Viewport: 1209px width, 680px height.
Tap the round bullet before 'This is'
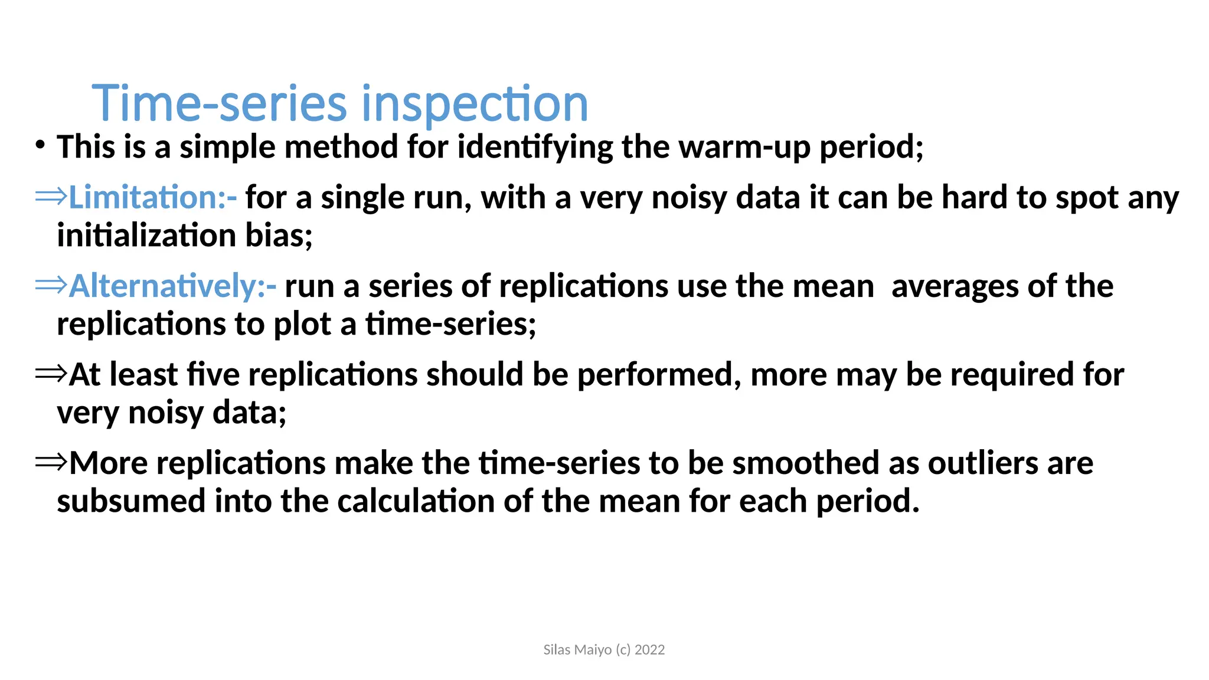[x=40, y=145]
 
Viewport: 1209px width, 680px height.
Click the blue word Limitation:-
[x=153, y=197]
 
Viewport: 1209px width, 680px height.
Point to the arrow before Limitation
[x=51, y=197]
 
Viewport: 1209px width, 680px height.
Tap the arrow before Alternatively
[x=51, y=285]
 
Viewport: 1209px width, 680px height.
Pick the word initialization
[x=146, y=236]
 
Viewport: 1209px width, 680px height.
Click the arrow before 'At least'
[x=51, y=374]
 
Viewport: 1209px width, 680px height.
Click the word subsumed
[x=131, y=501]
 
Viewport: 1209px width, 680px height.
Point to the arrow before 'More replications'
[x=51, y=462]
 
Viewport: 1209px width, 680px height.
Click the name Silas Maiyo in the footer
[x=577, y=650]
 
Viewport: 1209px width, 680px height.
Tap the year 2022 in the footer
[x=649, y=650]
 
